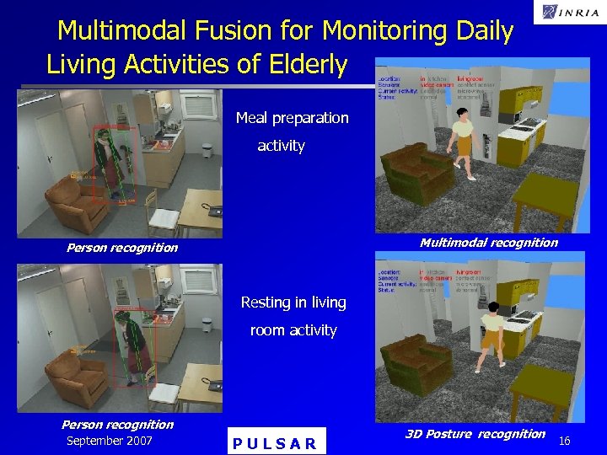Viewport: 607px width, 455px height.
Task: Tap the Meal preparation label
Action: tap(292, 118)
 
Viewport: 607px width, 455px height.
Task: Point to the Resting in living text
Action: tap(293, 302)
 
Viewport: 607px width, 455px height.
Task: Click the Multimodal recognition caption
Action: tap(488, 243)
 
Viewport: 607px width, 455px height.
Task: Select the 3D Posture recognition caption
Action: tap(475, 434)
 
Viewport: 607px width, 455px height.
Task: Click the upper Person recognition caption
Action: tap(122, 248)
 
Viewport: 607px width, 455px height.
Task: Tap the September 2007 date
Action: tap(109, 441)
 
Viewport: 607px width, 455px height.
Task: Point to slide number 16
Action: tap(565, 441)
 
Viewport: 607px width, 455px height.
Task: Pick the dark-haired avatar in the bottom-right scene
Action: tap(491, 333)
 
